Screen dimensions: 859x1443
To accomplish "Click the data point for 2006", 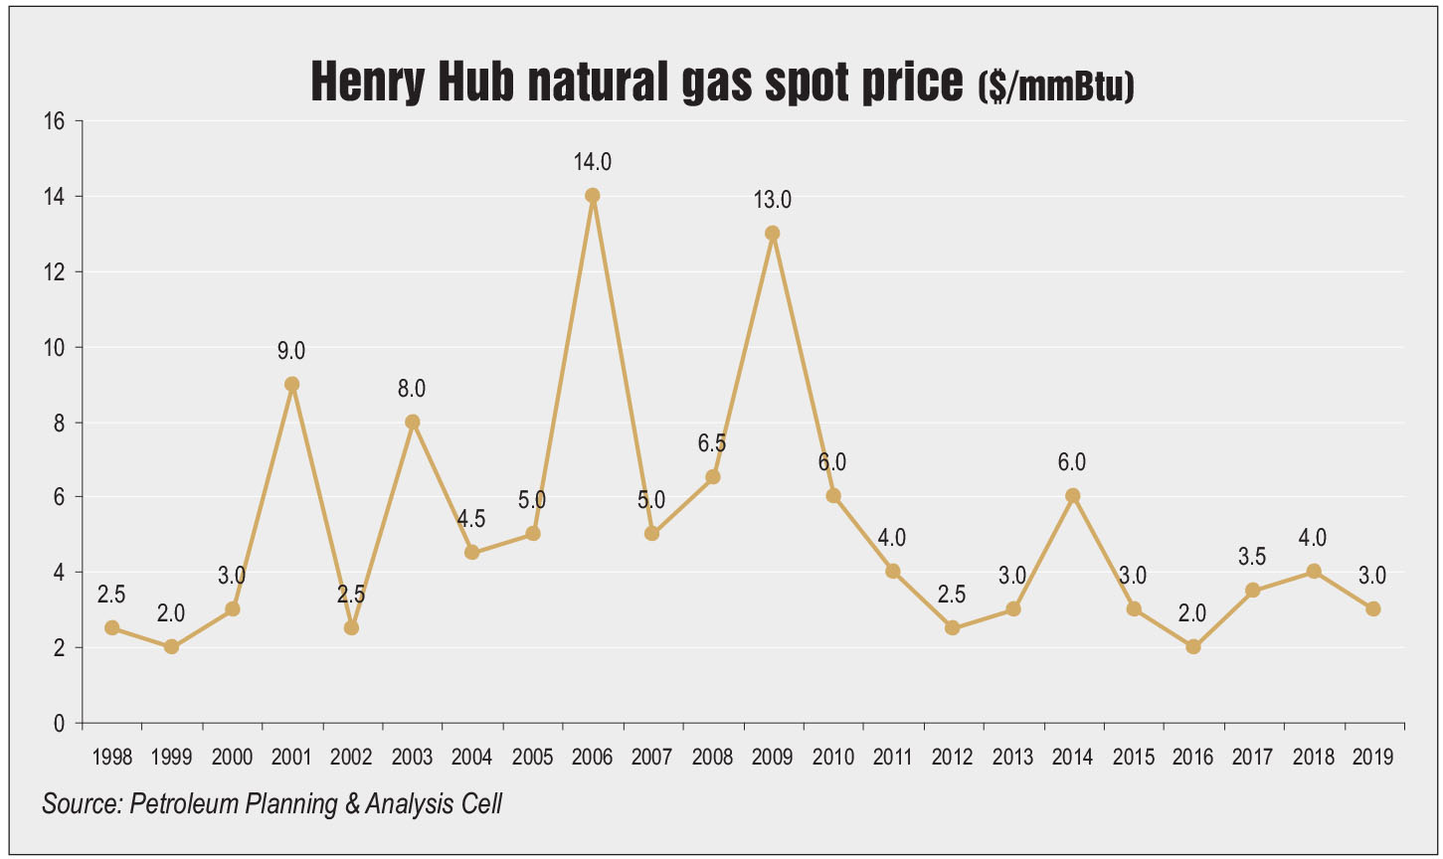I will point(593,196).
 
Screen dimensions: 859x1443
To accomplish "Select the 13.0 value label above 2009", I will point(773,199).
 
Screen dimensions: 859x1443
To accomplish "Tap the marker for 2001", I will point(291,384).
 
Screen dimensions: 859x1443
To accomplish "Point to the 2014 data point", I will point(1072,496).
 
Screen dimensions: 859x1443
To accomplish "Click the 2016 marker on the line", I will point(1193,646).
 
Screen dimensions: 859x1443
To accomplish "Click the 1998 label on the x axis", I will point(111,758).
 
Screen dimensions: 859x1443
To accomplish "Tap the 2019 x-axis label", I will point(1372,758).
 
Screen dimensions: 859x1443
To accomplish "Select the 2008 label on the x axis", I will point(713,758).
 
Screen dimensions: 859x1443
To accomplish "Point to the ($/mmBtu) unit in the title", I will point(1055,87).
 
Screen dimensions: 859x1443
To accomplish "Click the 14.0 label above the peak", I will point(593,161).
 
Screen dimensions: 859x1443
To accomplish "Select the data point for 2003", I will point(412,422).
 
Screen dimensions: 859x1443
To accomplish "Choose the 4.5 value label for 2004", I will point(472,519).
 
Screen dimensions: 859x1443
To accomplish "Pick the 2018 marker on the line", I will point(1314,571).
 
